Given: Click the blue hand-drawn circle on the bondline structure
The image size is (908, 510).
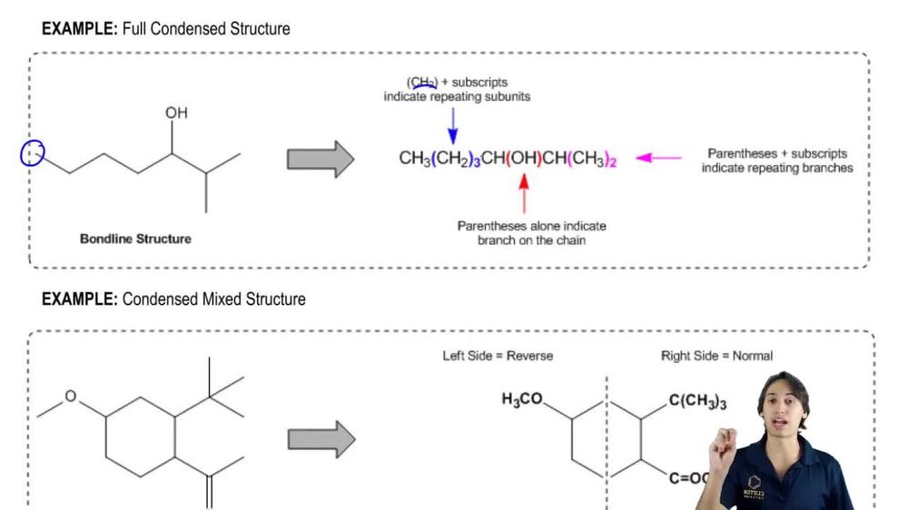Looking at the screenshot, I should tap(33, 154).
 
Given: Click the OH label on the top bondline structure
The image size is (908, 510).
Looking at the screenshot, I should tap(176, 113).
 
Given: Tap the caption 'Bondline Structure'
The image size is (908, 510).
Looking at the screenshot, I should tap(136, 240).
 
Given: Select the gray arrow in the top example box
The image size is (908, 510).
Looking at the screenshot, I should tap(321, 159).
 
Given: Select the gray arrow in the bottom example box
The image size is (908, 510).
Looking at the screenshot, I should tap(321, 439).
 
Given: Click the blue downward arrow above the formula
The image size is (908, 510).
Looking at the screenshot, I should tap(453, 123).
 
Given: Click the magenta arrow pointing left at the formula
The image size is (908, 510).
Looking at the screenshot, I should tap(658, 158).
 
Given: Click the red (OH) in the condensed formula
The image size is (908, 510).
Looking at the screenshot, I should tap(524, 159).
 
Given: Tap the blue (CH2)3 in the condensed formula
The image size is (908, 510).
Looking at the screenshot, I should tap(456, 159).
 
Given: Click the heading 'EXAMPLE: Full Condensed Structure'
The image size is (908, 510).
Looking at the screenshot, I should tap(166, 29).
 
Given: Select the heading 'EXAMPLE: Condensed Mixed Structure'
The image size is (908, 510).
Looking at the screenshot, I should tap(173, 299).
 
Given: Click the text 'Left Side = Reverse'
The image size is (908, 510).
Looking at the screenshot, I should tap(498, 356).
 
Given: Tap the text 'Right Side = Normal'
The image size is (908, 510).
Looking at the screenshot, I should tap(716, 356).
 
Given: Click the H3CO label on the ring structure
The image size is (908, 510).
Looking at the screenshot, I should tap(523, 399).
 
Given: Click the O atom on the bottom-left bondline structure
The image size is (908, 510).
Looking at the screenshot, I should tap(71, 397).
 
